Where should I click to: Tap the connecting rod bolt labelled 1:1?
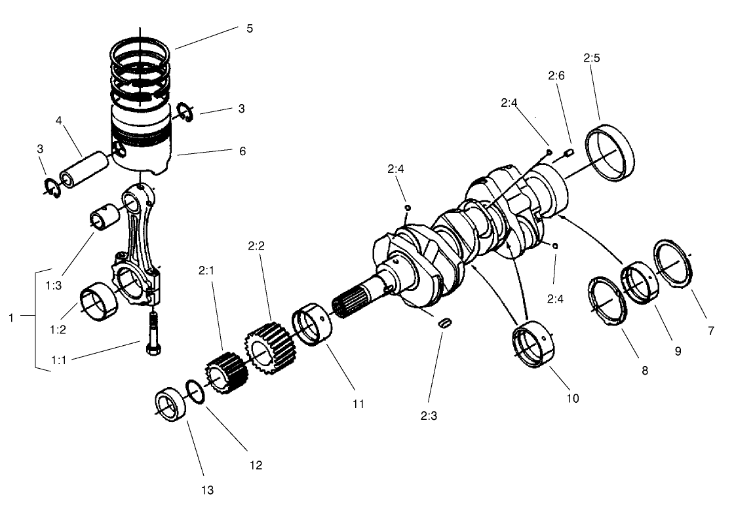(153, 334)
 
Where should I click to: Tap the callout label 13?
(208, 489)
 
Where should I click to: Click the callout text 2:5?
(592, 58)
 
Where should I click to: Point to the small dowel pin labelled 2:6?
(568, 154)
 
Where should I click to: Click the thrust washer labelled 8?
(607, 301)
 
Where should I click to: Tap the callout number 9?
(678, 351)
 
